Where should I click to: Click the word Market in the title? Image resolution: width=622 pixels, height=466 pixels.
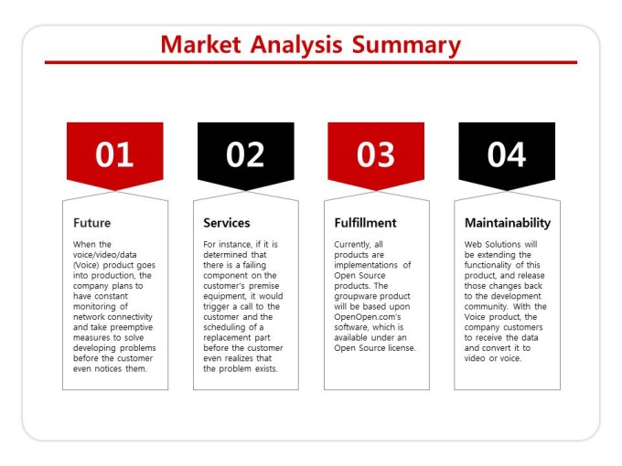(200, 45)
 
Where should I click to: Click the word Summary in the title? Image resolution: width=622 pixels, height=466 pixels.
(406, 46)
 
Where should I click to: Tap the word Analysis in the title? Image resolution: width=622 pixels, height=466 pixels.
(296, 46)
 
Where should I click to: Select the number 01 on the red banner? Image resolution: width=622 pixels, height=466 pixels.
(114, 154)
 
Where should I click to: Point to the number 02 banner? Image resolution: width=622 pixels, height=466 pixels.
(245, 154)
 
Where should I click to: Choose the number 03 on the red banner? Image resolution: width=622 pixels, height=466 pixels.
(376, 154)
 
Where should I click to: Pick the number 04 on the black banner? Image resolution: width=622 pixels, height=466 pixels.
(507, 154)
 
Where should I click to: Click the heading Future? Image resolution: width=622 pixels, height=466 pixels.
(92, 223)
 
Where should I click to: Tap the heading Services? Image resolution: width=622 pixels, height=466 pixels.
(227, 223)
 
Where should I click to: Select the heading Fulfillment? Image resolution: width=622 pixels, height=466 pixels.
(365, 223)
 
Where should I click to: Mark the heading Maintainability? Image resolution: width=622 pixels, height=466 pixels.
(508, 223)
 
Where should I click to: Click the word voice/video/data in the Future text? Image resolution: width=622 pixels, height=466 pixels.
(104, 255)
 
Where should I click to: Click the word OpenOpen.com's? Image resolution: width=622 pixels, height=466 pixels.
(368, 317)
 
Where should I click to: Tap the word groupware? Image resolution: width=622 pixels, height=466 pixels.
(353, 296)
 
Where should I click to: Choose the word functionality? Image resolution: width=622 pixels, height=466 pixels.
(488, 265)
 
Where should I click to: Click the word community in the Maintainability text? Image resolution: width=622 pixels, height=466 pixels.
(486, 307)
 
